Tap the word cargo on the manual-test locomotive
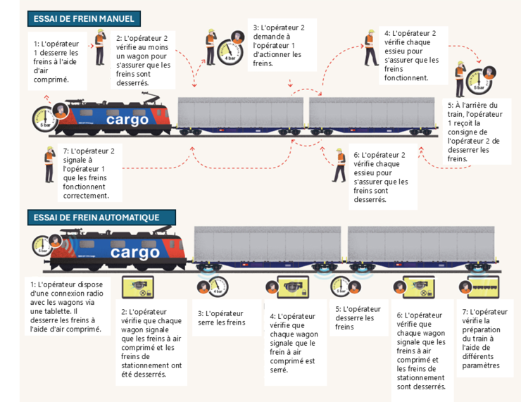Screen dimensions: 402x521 (x=127, y=120)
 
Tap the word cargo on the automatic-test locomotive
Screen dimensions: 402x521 (x=135, y=252)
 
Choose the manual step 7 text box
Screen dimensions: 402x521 (x=88, y=173)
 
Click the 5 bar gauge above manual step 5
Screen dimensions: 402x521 (x=479, y=80)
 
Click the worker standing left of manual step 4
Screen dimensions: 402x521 (x=370, y=48)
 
